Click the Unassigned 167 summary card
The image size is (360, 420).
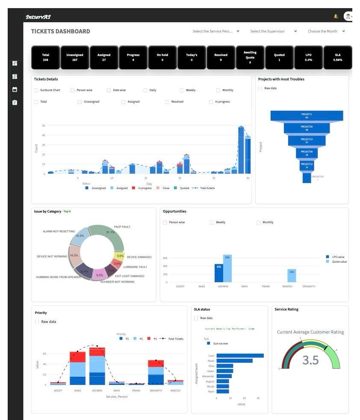pyautogui.click(x=75, y=57)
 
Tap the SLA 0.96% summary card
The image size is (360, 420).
pyautogui.click(x=337, y=57)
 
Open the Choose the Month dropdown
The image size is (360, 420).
pyautogui.click(x=326, y=31)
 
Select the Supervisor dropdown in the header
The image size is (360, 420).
pyautogui.click(x=273, y=31)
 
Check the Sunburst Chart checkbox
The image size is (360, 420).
pyautogui.click(x=36, y=90)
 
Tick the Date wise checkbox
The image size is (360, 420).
pyautogui.click(x=109, y=90)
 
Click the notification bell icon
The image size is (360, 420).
pyautogui.click(x=336, y=17)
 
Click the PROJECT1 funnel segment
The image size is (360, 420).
pyautogui.click(x=307, y=115)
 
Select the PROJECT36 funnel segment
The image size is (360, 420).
pyautogui.click(x=307, y=153)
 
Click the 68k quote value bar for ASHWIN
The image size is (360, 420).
pyautogui.click(x=227, y=269)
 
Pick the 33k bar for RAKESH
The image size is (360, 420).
pyautogui.click(x=292, y=275)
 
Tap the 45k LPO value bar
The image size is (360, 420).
pyautogui.click(x=219, y=273)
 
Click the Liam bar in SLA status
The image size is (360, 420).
pyautogui.click(x=239, y=355)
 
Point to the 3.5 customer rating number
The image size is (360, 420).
pyautogui.click(x=310, y=360)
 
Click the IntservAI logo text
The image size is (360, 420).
pyautogui.click(x=38, y=17)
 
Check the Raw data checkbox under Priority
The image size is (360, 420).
pyautogui.click(x=37, y=322)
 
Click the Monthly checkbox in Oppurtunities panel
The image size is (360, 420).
pyautogui.click(x=259, y=222)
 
